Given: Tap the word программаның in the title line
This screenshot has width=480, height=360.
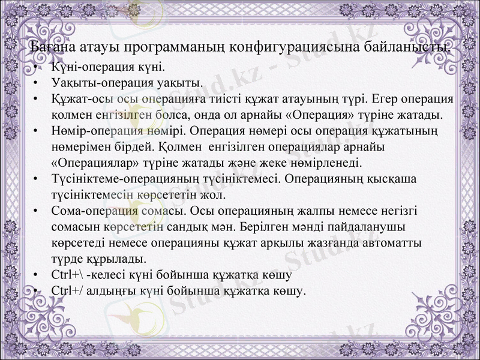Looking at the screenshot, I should tap(174, 47).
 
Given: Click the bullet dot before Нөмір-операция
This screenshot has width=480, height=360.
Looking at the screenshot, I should tap(37, 130).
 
